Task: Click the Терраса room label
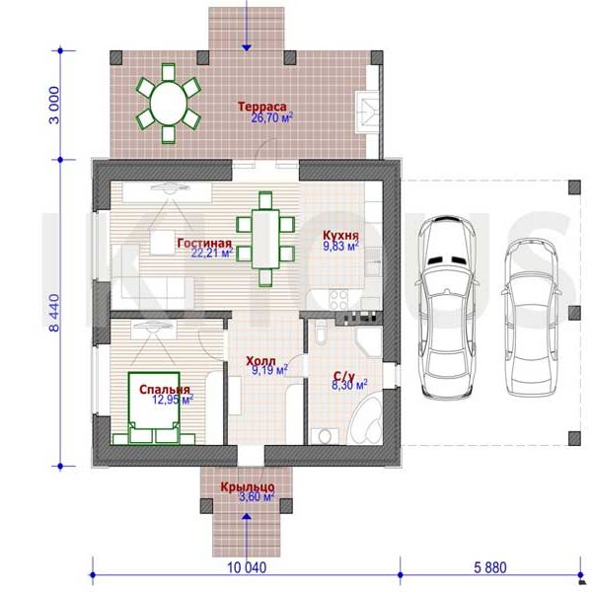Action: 262,107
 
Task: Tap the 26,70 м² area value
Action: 272,118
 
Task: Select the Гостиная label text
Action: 204,243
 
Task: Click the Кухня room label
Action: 340,235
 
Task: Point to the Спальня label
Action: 165,390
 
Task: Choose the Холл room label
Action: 260,361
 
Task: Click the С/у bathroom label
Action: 344,376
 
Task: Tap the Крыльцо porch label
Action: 248,487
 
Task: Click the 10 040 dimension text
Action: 247,567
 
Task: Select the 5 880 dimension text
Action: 490,567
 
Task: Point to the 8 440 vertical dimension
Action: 54,313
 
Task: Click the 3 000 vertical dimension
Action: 54,105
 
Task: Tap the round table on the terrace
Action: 169,103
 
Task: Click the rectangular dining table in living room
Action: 265,239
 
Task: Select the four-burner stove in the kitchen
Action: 337,300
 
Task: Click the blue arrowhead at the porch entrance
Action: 247,516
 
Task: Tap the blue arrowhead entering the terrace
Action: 247,48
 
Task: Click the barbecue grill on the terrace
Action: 367,111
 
